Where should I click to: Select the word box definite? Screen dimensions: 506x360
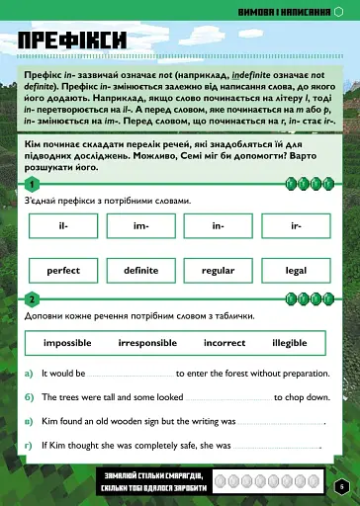[140, 270]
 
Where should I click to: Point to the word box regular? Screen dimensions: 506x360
[218, 270]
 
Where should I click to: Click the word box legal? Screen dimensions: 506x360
[296, 270]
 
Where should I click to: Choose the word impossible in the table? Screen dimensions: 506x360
[67, 343]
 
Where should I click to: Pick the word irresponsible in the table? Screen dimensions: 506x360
[147, 343]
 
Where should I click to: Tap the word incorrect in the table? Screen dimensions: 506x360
[225, 343]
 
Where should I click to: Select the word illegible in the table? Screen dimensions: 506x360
[290, 343]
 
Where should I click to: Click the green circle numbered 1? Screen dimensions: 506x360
[33, 184]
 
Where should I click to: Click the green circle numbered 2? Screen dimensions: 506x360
[33, 298]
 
